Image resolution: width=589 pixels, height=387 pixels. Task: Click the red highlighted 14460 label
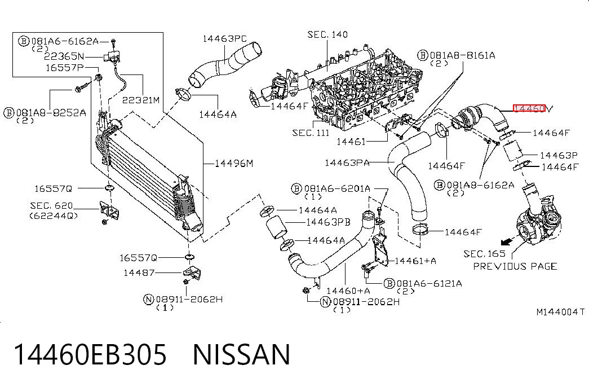(529, 109)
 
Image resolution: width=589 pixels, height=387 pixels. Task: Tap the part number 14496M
(234, 164)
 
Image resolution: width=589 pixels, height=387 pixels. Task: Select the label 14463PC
(225, 39)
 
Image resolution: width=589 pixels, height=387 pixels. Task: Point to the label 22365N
(64, 56)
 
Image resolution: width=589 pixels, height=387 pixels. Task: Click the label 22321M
(141, 100)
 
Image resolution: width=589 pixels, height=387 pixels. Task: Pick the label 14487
(139, 272)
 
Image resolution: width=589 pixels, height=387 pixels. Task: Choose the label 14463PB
(328, 222)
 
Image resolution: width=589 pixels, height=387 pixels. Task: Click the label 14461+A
(415, 261)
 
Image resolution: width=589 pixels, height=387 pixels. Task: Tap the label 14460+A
(348, 291)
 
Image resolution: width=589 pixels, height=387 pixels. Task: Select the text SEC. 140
(327, 34)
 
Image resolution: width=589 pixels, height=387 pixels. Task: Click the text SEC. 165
(485, 254)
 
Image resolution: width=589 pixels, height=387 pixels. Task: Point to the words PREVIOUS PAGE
(515, 266)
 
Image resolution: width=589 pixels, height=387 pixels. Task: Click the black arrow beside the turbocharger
(507, 240)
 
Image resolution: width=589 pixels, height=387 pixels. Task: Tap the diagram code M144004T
(560, 312)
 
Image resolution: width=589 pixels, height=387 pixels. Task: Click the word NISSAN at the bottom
(242, 355)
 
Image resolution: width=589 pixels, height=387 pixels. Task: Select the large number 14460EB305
(90, 355)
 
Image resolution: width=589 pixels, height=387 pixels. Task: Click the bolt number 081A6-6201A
(337, 188)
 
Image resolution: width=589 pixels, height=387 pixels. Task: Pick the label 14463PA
(347, 163)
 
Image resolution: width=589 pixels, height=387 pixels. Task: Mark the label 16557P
(65, 68)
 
